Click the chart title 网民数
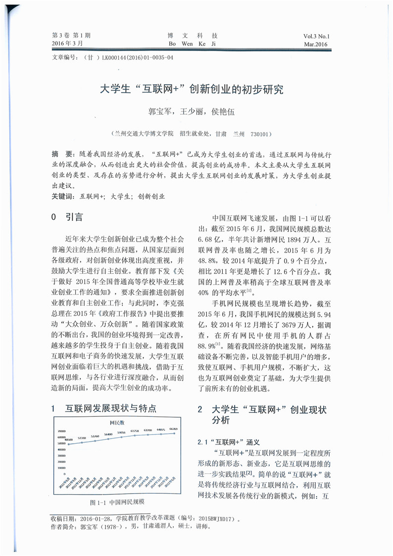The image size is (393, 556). [117, 422]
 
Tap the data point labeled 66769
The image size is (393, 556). [173, 433]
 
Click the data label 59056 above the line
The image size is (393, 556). [121, 432]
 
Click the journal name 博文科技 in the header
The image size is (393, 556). [193, 36]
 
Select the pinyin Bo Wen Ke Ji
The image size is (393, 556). [193, 44]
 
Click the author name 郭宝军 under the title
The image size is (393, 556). [159, 112]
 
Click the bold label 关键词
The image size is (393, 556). [62, 196]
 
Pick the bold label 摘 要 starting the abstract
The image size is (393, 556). [63, 154]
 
